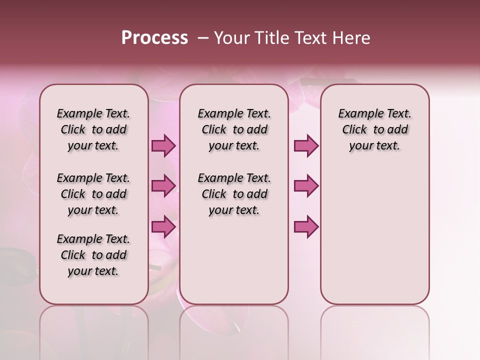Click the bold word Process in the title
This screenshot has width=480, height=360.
pos(154,38)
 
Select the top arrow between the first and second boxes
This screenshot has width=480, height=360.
pos(163,145)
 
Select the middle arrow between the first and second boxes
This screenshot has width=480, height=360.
pos(163,186)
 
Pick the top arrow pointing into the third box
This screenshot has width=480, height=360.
pos(306,145)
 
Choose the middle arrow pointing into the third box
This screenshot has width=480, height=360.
pos(306,186)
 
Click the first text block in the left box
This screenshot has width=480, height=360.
pos(93,129)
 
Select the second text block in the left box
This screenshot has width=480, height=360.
pos(93,194)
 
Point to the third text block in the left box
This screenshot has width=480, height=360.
pos(93,255)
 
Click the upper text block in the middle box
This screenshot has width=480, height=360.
pos(234,129)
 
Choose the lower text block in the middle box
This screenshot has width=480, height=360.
pos(234,194)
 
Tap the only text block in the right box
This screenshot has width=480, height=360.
pos(374,129)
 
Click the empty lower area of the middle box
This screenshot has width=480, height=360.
pos(234,260)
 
